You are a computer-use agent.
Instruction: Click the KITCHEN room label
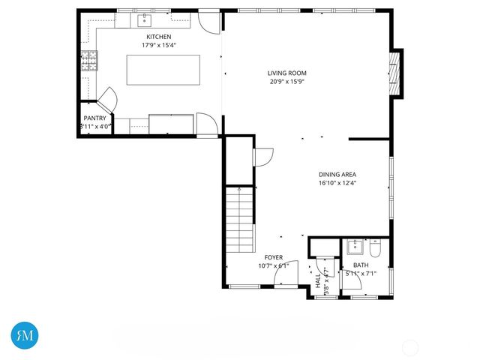tap(158, 37)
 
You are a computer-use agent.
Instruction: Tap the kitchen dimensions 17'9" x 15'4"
tap(158, 45)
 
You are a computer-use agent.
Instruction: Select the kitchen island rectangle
tap(163, 69)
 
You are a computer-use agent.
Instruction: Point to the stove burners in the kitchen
tap(89, 61)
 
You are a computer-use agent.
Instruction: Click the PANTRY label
tap(94, 118)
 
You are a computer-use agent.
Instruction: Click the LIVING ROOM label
tap(287, 73)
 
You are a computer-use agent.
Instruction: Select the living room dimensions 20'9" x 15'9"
tap(287, 82)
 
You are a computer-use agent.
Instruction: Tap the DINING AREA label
tap(337, 174)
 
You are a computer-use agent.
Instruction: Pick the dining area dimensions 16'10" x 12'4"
tap(337, 182)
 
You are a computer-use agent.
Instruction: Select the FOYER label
tap(273, 257)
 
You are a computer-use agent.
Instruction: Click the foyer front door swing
tap(286, 274)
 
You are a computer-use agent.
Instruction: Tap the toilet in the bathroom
tap(376, 249)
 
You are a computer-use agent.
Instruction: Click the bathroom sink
tap(354, 247)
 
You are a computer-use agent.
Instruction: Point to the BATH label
tap(361, 265)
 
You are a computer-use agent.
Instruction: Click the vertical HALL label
tap(318, 280)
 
